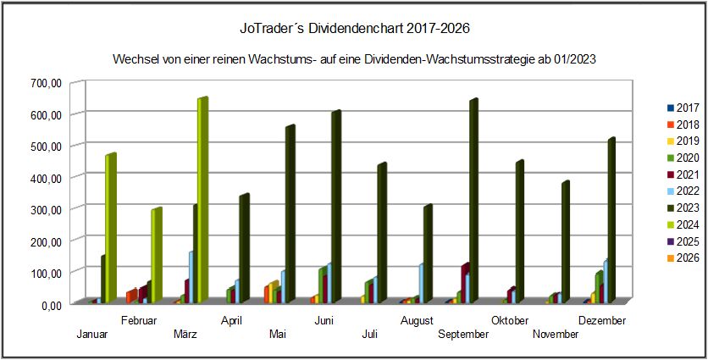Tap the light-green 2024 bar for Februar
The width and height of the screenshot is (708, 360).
pyautogui.click(x=156, y=254)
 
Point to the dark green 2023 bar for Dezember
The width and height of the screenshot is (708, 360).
pyautogui.click(x=610, y=220)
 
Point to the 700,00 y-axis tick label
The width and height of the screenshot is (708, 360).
pyautogui.click(x=44, y=83)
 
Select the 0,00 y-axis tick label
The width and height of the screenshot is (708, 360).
pyautogui.click(x=49, y=304)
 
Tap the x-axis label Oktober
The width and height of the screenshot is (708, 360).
pyautogui.click(x=511, y=320)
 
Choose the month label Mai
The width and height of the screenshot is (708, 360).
pyautogui.click(x=278, y=335)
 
